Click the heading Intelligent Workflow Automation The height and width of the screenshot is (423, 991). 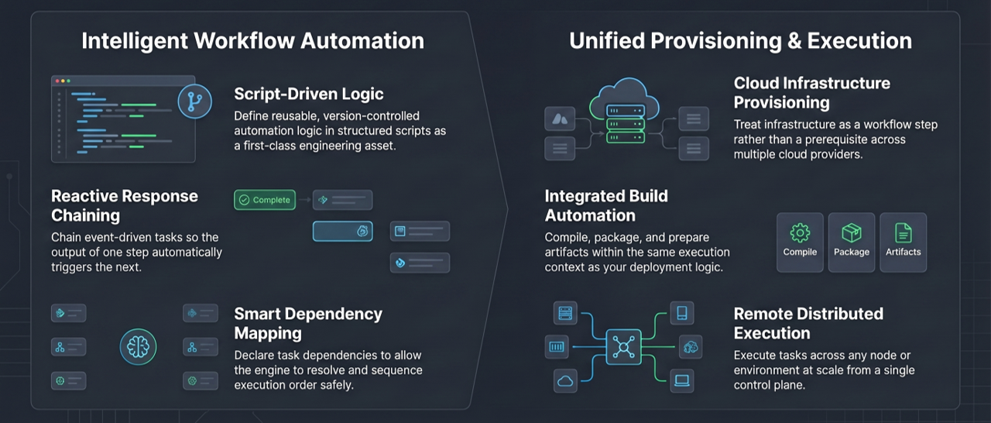252,40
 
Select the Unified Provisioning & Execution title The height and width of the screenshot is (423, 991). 740,40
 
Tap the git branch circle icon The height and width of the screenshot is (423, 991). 194,102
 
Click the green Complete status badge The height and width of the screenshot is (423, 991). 266,200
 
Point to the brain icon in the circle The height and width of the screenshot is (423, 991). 139,346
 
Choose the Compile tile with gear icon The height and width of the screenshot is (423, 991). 800,242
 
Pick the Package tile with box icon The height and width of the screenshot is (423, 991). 852,242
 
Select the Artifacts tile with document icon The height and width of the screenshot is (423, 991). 904,242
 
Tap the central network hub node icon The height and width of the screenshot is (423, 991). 623,346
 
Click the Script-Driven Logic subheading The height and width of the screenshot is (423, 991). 309,94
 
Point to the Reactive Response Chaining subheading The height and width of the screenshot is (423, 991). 125,205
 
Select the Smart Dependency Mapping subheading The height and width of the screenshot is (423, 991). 308,323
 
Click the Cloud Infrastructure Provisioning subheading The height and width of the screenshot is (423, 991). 811,92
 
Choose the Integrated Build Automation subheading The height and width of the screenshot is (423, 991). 606,205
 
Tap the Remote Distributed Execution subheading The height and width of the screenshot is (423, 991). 808,323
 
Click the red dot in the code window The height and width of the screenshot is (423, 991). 55,81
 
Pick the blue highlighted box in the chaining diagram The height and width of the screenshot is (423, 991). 342,231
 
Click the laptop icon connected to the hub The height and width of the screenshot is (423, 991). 682,380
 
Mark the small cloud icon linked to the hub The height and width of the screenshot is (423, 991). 565,380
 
